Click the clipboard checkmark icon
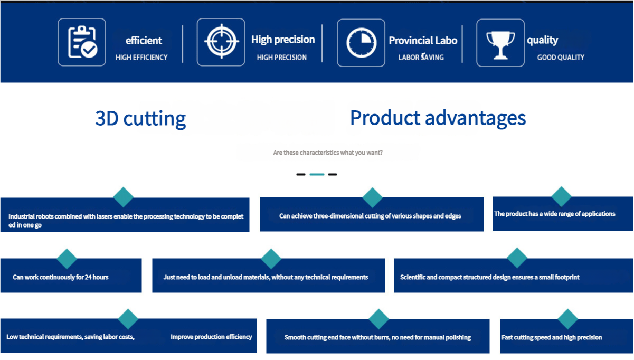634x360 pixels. [82, 42]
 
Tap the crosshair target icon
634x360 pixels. [222, 41]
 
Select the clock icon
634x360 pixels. [361, 43]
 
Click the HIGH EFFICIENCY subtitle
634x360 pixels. [141, 58]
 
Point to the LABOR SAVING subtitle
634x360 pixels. [421, 57]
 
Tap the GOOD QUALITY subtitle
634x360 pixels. [561, 58]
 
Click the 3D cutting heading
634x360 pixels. [140, 118]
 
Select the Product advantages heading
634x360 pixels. [438, 118]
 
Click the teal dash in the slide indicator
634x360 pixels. [317, 174]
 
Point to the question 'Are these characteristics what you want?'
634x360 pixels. [328, 153]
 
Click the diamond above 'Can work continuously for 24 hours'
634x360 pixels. [67, 259]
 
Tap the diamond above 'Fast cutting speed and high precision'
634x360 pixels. [567, 319]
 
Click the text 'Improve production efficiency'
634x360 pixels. [211, 337]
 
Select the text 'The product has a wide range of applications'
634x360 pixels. [555, 214]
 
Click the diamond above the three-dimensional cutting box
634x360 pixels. [373, 197]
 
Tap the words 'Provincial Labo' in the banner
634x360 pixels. [423, 41]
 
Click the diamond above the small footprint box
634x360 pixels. [517, 258]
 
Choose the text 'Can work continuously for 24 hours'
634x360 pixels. [61, 277]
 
